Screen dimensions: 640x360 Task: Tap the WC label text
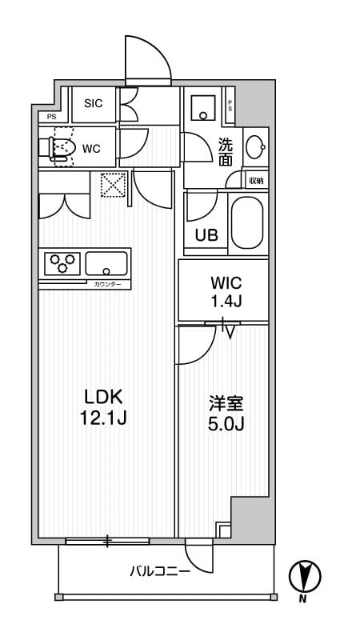point(90,148)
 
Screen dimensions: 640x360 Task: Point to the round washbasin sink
point(254,146)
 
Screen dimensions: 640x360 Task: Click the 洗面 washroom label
point(226,152)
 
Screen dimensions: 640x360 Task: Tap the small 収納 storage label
point(256,181)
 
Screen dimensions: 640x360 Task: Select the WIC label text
point(225,283)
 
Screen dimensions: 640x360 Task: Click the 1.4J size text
point(225,302)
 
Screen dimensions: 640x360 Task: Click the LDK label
point(104,398)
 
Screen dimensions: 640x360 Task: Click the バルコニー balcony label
point(160,571)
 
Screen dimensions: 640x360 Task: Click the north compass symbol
point(304,575)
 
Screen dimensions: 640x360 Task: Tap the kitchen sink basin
point(106,262)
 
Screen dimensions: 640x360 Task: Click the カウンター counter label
point(107,284)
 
